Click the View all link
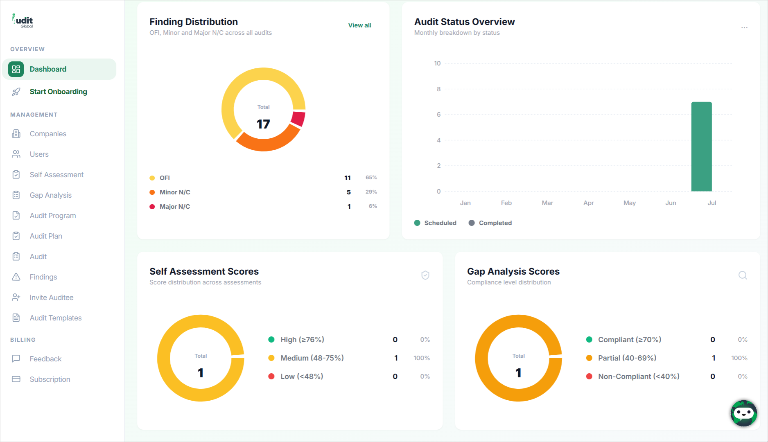tap(359, 25)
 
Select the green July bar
tap(701, 147)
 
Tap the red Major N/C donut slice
tap(298, 119)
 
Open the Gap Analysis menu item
tap(50, 195)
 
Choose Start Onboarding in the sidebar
tap(58, 92)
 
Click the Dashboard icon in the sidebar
tap(16, 69)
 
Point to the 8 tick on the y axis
tap(438, 89)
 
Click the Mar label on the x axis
tap(547, 203)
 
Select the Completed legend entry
tap(490, 223)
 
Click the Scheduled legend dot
tap(417, 223)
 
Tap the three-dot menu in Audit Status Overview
tap(744, 28)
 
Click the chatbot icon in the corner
tap(743, 413)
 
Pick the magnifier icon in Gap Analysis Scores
tap(743, 275)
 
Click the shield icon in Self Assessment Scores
tap(425, 275)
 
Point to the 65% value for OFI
tap(371, 178)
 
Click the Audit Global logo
tap(23, 21)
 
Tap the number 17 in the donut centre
tap(263, 124)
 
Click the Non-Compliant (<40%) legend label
tap(639, 377)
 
